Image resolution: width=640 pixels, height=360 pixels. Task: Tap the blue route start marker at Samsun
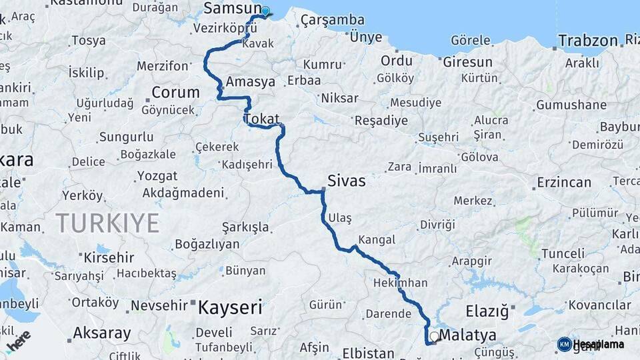pos(265,11)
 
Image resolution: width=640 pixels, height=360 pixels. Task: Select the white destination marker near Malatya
pos(435,337)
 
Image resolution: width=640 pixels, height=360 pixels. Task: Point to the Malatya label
pos(469,335)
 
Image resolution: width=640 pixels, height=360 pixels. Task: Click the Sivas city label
pos(346,180)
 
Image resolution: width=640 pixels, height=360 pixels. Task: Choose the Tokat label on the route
pos(261,119)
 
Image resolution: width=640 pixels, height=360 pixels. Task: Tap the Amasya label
pos(250,82)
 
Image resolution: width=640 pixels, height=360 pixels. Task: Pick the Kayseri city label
pos(229,307)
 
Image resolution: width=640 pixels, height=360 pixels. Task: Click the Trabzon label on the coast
pos(588,40)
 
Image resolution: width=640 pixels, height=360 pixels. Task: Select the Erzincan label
pos(564,182)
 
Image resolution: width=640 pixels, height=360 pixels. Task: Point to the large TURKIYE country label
pos(107,222)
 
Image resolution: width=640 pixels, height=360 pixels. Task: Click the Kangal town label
pos(377,239)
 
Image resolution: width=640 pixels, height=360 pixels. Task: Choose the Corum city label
pos(175,92)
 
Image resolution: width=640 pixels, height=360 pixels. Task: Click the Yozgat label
pos(157,176)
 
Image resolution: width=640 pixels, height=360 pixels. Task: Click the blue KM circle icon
pos(564,344)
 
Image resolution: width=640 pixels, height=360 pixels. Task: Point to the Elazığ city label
pos(487,311)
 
